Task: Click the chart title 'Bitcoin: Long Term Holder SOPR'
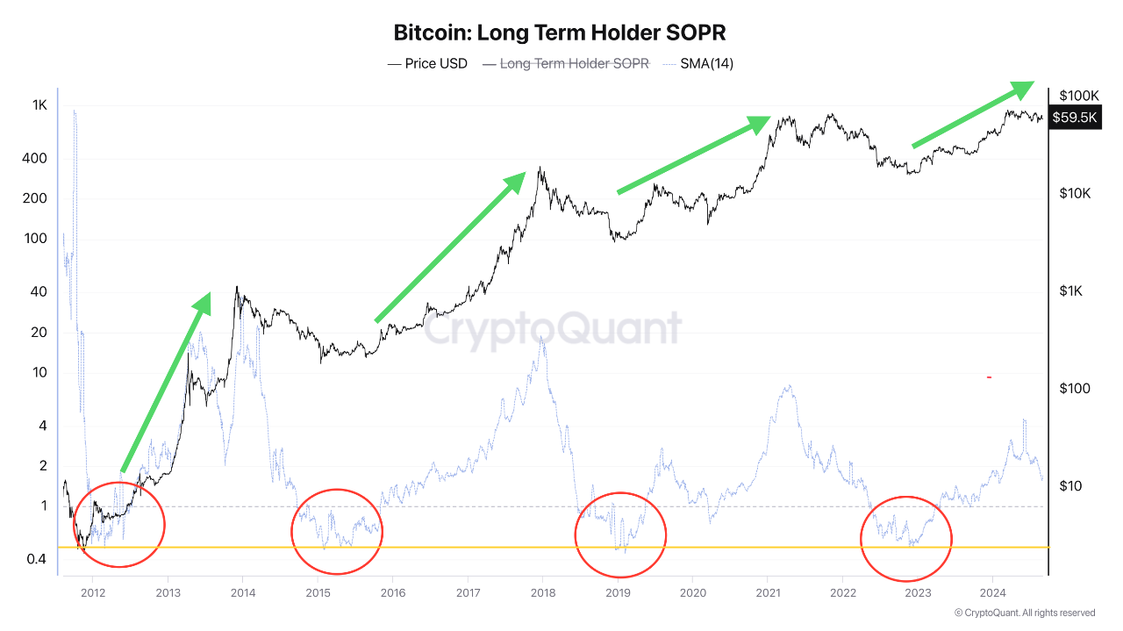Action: point(560,33)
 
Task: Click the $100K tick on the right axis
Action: point(1079,96)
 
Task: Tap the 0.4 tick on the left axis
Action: point(35,559)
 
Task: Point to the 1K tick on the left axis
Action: point(39,105)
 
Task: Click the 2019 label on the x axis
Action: point(618,593)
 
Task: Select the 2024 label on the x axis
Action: point(992,593)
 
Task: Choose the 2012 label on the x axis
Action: point(93,593)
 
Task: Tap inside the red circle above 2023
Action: point(906,538)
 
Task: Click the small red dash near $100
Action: point(989,377)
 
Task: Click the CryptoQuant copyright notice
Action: point(1024,613)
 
